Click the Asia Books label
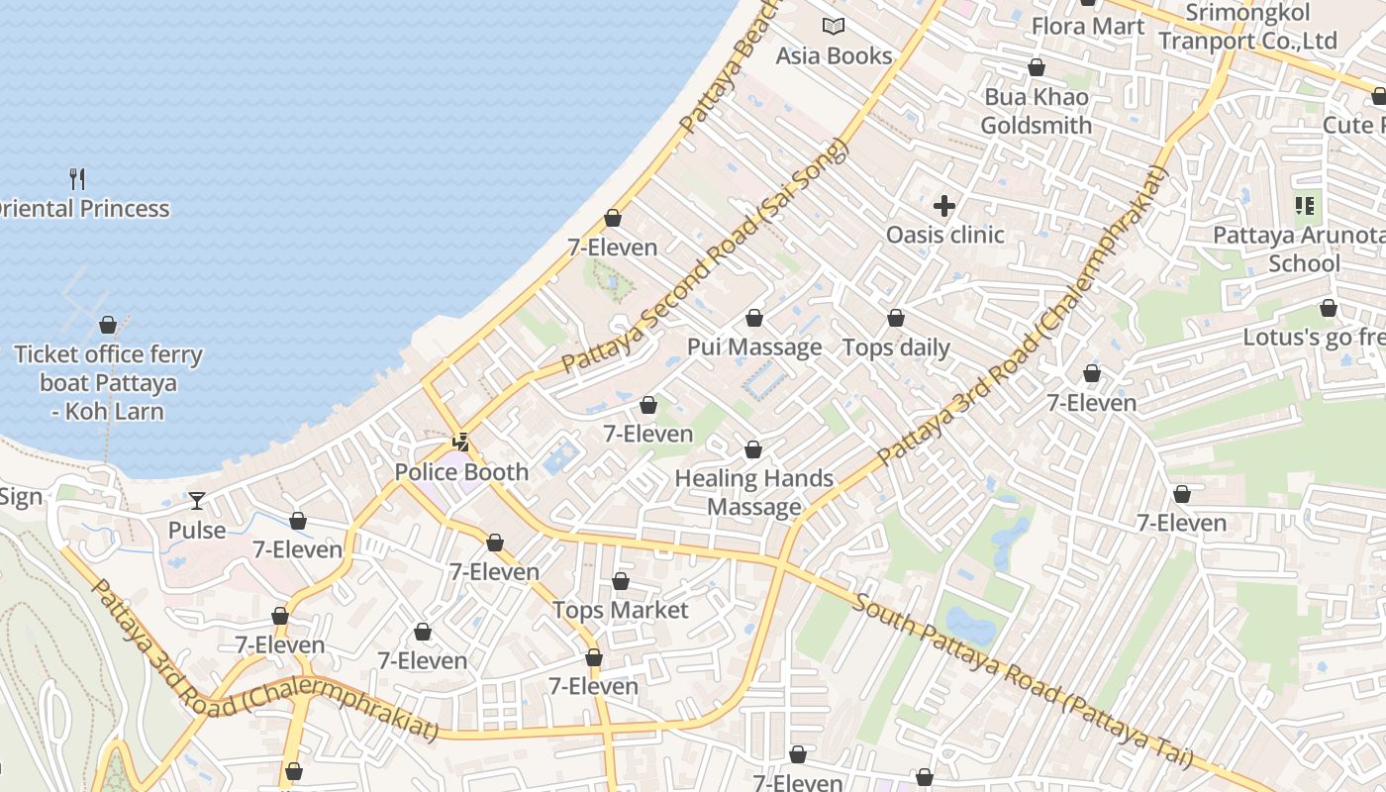pyautogui.click(x=834, y=56)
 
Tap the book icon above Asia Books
pyautogui.click(x=834, y=27)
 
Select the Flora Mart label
pyautogui.click(x=1088, y=26)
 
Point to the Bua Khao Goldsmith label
pyautogui.click(x=1037, y=111)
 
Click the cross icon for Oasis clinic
pyautogui.click(x=944, y=206)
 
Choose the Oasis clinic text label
pyautogui.click(x=944, y=235)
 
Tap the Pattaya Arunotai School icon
pyautogui.click(x=1305, y=206)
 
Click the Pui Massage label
pyautogui.click(x=754, y=346)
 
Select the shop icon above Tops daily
pyautogui.click(x=896, y=318)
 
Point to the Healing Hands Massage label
pyautogui.click(x=754, y=492)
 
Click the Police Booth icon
pyautogui.click(x=461, y=442)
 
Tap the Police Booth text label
pyautogui.click(x=461, y=472)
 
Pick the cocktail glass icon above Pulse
pyautogui.click(x=197, y=501)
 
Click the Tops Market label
pyautogui.click(x=620, y=610)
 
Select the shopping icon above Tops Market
pyautogui.click(x=621, y=581)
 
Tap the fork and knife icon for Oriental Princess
pyautogui.click(x=77, y=179)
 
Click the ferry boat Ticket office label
pyautogui.click(x=108, y=382)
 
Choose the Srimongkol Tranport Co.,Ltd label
pyautogui.click(x=1247, y=27)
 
